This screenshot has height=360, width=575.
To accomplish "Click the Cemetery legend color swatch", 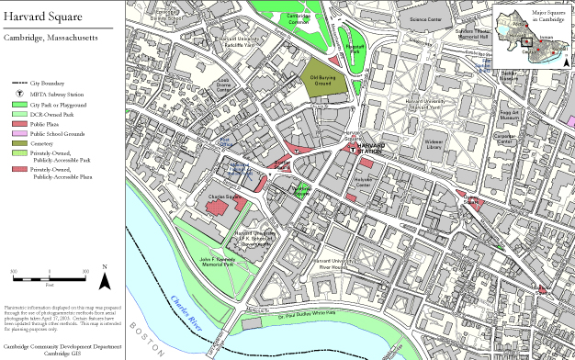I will [x=17, y=142].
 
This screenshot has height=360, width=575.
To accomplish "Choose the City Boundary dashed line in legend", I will [x=17, y=84].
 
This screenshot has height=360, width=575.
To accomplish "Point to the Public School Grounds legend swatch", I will [x=17, y=133].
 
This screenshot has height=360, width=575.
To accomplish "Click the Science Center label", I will [x=424, y=18].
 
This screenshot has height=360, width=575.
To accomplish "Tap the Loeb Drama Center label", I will [x=223, y=84].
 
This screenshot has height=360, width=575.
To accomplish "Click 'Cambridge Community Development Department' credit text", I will [x=61, y=346].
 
